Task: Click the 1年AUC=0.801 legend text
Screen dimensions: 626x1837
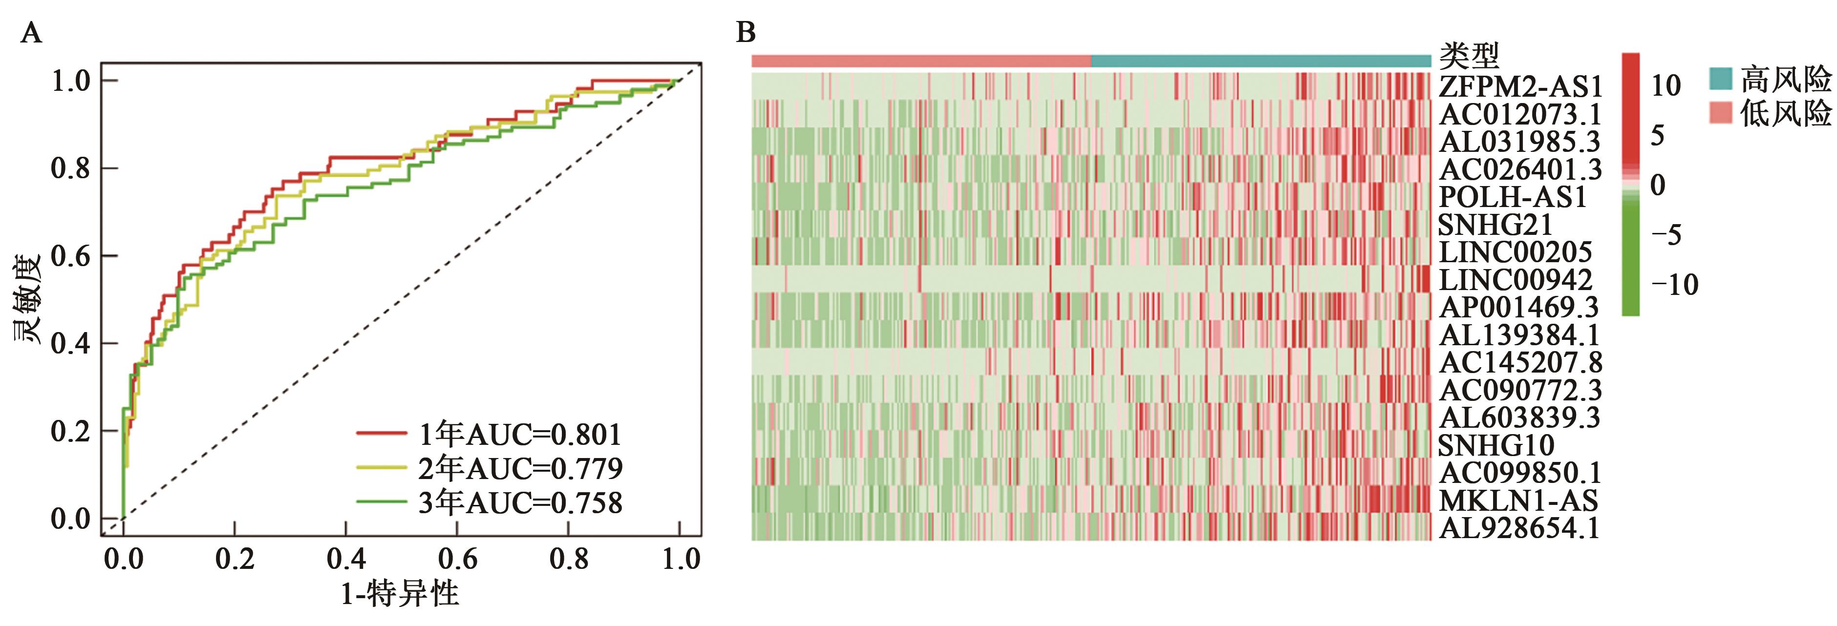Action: click(520, 434)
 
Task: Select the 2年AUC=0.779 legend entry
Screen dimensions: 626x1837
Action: click(520, 468)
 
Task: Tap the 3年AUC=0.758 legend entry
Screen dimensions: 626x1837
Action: click(520, 502)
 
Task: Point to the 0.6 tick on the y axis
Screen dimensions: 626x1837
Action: click(71, 256)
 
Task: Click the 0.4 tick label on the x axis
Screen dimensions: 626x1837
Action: click(346, 558)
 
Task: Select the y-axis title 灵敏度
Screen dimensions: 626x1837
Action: click(27, 299)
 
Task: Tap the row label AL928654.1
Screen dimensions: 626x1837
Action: click(1519, 528)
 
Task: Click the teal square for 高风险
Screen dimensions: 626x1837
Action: click(1721, 79)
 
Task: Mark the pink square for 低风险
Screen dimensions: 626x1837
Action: click(1721, 112)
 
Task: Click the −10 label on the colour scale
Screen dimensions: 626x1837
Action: click(1674, 285)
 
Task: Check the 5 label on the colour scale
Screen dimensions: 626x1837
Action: click(1657, 135)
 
